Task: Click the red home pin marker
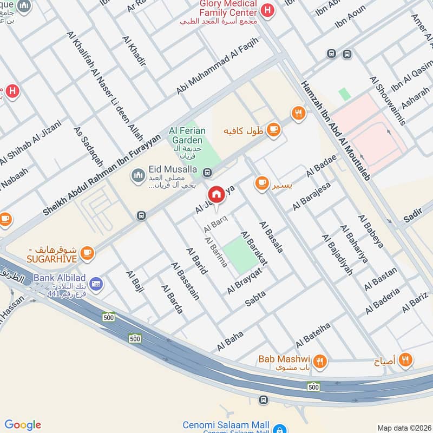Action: click(216, 195)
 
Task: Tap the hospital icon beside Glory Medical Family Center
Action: click(266, 10)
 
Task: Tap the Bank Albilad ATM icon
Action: click(97, 283)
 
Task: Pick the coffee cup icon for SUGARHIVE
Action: click(87, 252)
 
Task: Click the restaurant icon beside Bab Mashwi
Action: click(320, 360)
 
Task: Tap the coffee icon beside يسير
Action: click(262, 183)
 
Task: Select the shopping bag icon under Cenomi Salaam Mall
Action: click(279, 429)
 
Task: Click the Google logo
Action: click(23, 425)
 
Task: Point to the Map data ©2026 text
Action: click(404, 428)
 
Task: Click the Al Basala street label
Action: click(271, 237)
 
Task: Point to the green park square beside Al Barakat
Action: click(240, 254)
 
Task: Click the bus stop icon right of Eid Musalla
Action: click(206, 173)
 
